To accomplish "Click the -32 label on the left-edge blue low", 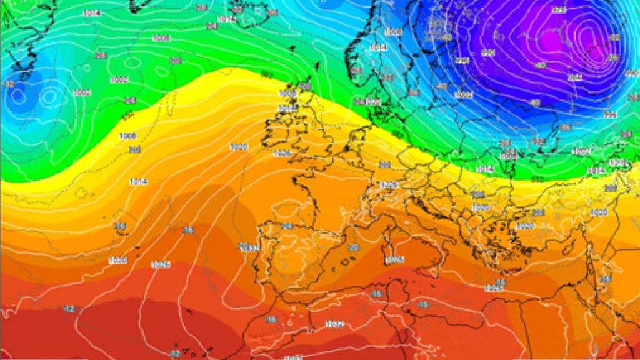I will (x=9, y=84).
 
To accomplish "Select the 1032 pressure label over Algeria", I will (x=334, y=324).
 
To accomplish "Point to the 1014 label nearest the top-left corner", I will (x=91, y=13).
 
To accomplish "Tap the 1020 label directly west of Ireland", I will (x=238, y=147).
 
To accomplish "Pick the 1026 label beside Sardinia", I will (x=396, y=259).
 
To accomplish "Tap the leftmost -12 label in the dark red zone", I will (x=69, y=309).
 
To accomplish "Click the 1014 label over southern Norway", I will (x=377, y=47).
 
